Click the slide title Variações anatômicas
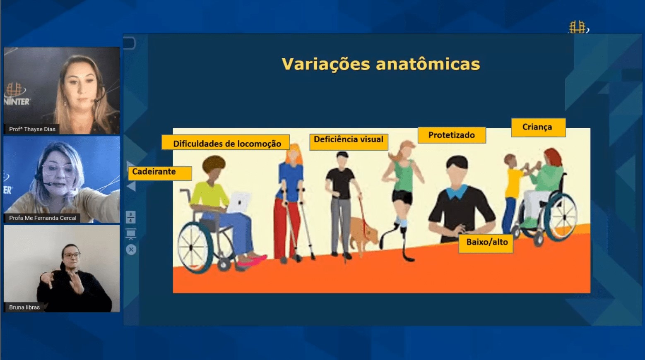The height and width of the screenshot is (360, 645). click(380, 64)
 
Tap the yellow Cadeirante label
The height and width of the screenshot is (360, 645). click(160, 173)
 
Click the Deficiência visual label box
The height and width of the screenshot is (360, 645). click(349, 142)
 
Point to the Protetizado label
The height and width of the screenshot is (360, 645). click(452, 135)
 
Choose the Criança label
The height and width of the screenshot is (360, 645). click(538, 127)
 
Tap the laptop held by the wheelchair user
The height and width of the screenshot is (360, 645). click(239, 202)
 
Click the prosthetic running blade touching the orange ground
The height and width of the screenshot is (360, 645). click(407, 250)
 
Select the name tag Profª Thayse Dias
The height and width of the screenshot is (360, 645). click(32, 129)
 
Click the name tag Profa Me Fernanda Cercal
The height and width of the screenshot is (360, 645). click(42, 218)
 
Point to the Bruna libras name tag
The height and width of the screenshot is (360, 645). click(24, 307)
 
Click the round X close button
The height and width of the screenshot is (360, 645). click(131, 250)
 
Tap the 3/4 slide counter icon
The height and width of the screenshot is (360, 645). click(131, 217)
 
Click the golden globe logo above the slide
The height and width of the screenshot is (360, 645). click(578, 27)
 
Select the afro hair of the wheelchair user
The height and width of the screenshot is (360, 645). click(214, 164)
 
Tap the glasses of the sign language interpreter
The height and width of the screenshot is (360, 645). click(71, 255)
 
